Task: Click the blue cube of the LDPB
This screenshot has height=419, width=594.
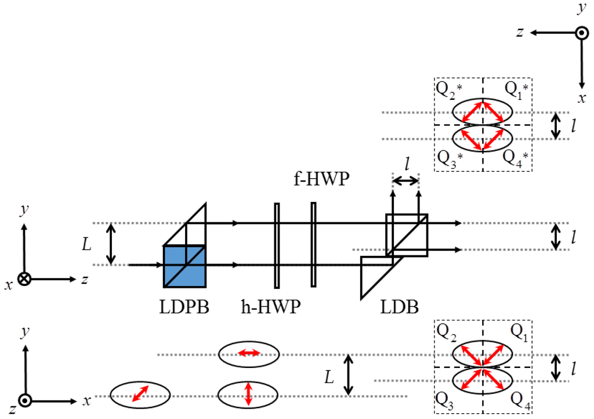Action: tap(184, 266)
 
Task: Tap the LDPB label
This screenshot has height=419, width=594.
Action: tap(184, 307)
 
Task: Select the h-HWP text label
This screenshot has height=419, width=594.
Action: tap(271, 306)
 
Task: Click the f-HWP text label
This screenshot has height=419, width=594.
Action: tap(321, 178)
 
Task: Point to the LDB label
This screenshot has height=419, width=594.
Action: tap(399, 307)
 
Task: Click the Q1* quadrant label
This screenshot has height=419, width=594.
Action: tap(516, 90)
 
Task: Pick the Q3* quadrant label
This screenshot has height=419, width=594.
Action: tap(450, 158)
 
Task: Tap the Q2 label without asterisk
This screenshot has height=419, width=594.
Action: tap(446, 332)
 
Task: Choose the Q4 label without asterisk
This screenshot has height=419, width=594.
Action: tap(520, 401)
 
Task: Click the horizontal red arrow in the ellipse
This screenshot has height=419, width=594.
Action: tap(248, 353)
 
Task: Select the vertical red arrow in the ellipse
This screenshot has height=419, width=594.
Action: tap(248, 394)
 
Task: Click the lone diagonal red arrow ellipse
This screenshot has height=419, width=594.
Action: tap(140, 395)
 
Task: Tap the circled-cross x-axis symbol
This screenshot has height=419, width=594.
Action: tap(24, 279)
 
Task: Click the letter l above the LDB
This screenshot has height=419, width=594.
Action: tap(407, 164)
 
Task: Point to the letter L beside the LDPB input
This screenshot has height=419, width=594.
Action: tap(87, 244)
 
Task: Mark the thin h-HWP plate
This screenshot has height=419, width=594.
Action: tap(277, 245)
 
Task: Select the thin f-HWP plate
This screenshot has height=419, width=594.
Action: tap(313, 245)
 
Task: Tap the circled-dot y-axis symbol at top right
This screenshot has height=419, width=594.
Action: tap(582, 33)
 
